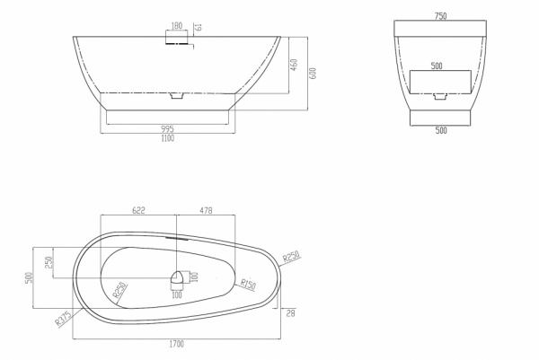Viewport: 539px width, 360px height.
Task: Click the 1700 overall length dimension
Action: point(177,344)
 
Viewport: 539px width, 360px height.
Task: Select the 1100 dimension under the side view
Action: point(167,138)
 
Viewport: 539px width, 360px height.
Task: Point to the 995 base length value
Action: point(167,129)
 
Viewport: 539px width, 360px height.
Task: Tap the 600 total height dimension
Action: point(313,73)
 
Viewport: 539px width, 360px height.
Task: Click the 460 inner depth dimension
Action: point(295,65)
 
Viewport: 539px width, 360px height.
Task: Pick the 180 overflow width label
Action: point(177,26)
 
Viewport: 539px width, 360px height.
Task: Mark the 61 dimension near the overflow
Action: point(199,27)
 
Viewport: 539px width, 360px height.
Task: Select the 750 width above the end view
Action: point(441,16)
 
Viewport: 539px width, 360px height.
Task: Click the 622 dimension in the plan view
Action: point(138,210)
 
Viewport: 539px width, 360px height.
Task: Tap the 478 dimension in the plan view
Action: point(206,210)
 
